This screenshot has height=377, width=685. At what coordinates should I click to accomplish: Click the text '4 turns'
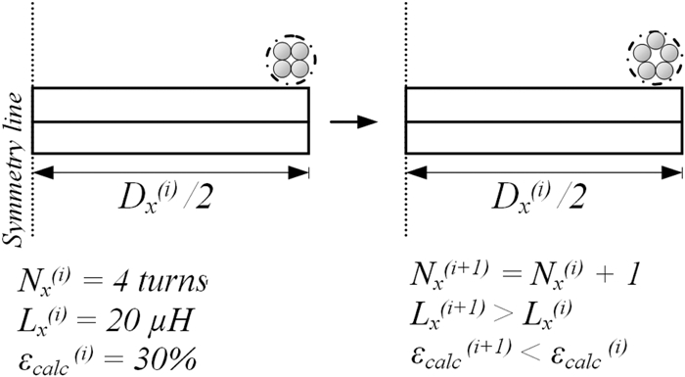[167, 283]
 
